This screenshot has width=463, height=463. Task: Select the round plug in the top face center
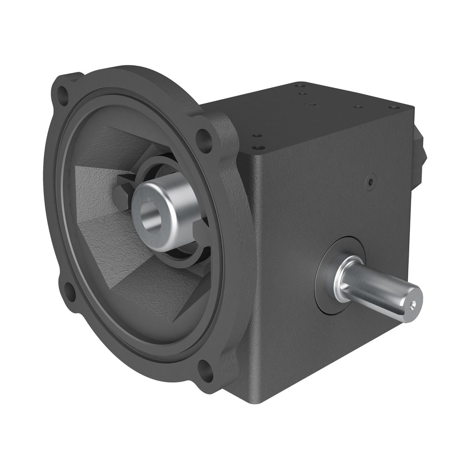313,105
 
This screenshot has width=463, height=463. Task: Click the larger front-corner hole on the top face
256,148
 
